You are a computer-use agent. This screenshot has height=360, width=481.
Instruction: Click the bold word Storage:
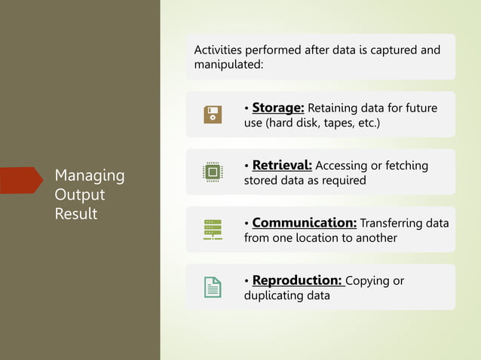pos(277,108)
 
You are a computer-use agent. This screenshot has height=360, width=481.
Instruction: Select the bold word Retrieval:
pos(282,165)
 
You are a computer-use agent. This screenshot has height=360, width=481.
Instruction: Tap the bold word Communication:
pos(304,223)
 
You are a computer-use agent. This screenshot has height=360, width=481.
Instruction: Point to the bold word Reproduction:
pos(298,280)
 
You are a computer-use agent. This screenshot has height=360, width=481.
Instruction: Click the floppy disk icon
pos(213,114)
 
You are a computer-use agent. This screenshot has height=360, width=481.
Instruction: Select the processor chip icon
pos(213,172)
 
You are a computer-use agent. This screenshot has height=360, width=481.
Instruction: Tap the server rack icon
pos(213,230)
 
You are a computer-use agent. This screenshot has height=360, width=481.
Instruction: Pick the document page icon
pos(213,287)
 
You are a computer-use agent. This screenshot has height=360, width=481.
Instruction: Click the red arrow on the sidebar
pos(20,181)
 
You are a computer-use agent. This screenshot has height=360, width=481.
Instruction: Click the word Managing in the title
pos(90,175)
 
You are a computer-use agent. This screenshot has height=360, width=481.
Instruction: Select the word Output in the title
pos(79,194)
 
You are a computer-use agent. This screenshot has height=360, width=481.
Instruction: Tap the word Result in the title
pos(75,214)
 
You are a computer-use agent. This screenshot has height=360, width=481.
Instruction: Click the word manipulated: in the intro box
pos(228,66)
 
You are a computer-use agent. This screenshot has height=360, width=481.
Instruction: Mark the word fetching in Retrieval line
pos(403,166)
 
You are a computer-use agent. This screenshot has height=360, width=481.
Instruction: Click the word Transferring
pos(385,223)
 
